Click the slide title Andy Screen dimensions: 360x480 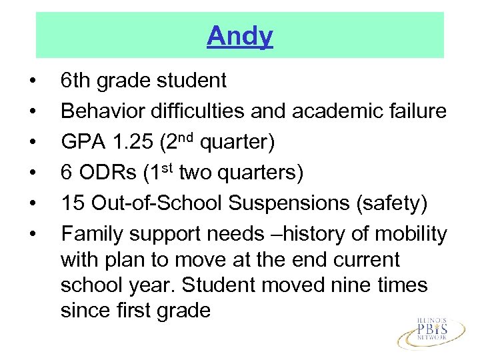(240, 37)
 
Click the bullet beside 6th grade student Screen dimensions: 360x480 (32, 81)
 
